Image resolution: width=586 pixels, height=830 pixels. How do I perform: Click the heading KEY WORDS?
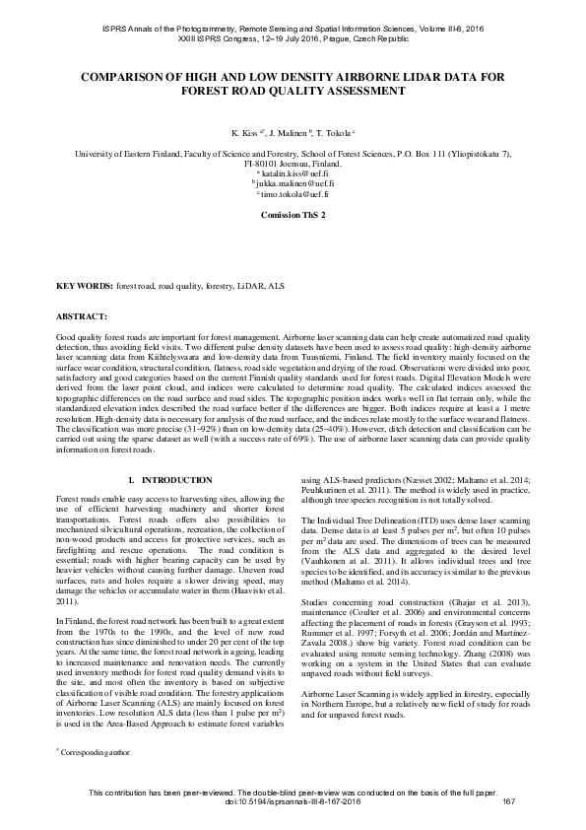[85, 285]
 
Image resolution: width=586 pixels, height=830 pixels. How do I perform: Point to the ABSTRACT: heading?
[82, 316]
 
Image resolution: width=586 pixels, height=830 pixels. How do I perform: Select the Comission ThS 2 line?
[293, 214]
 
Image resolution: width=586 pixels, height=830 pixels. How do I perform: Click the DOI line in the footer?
[293, 799]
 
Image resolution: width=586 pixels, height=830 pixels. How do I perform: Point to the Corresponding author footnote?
[94, 751]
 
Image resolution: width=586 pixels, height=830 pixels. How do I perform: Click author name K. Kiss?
[245, 131]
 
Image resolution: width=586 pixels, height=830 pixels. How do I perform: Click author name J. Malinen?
[290, 131]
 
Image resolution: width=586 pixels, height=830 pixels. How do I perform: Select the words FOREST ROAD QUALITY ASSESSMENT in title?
[293, 90]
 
